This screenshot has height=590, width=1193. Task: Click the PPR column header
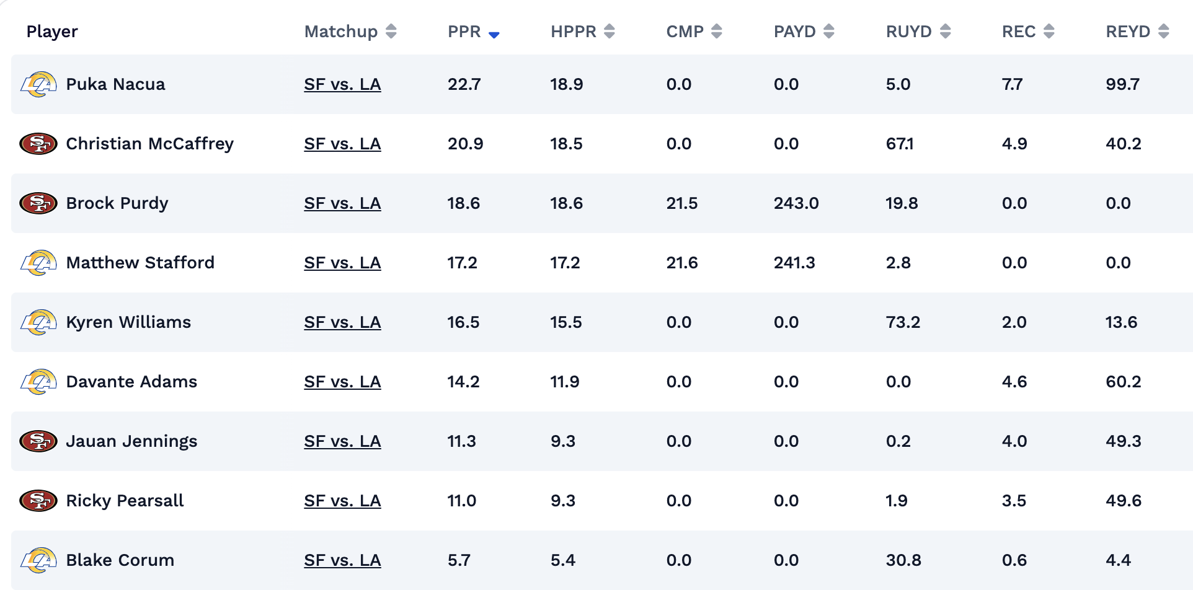coord(464,32)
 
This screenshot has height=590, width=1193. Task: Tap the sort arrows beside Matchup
coord(391,32)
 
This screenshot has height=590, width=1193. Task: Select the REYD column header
coord(1127,32)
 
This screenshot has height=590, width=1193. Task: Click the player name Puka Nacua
coord(115,84)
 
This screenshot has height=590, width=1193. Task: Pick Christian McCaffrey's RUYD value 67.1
coord(899,144)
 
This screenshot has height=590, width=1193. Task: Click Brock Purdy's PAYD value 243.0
coord(796,203)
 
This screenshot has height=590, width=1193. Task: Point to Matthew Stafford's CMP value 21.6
coord(681,263)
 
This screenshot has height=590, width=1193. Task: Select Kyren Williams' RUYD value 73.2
coord(902,322)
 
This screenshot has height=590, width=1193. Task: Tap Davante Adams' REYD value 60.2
coord(1123,382)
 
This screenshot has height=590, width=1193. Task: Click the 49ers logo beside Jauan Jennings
coord(38,441)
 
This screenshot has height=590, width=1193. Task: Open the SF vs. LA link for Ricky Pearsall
coord(342,501)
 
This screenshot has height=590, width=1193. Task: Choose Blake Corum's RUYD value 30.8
coord(903,560)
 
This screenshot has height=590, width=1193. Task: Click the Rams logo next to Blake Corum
coord(38,560)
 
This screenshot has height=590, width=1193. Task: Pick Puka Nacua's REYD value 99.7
coord(1122,84)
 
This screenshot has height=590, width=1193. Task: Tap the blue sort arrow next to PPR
coord(494,35)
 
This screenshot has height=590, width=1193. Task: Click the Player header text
coord(52,32)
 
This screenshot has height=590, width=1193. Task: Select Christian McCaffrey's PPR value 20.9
coord(465,144)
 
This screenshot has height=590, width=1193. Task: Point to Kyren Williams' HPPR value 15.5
coord(565,322)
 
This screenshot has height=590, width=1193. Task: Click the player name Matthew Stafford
coord(140,263)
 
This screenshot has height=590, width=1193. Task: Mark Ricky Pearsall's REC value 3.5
coord(1014,501)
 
